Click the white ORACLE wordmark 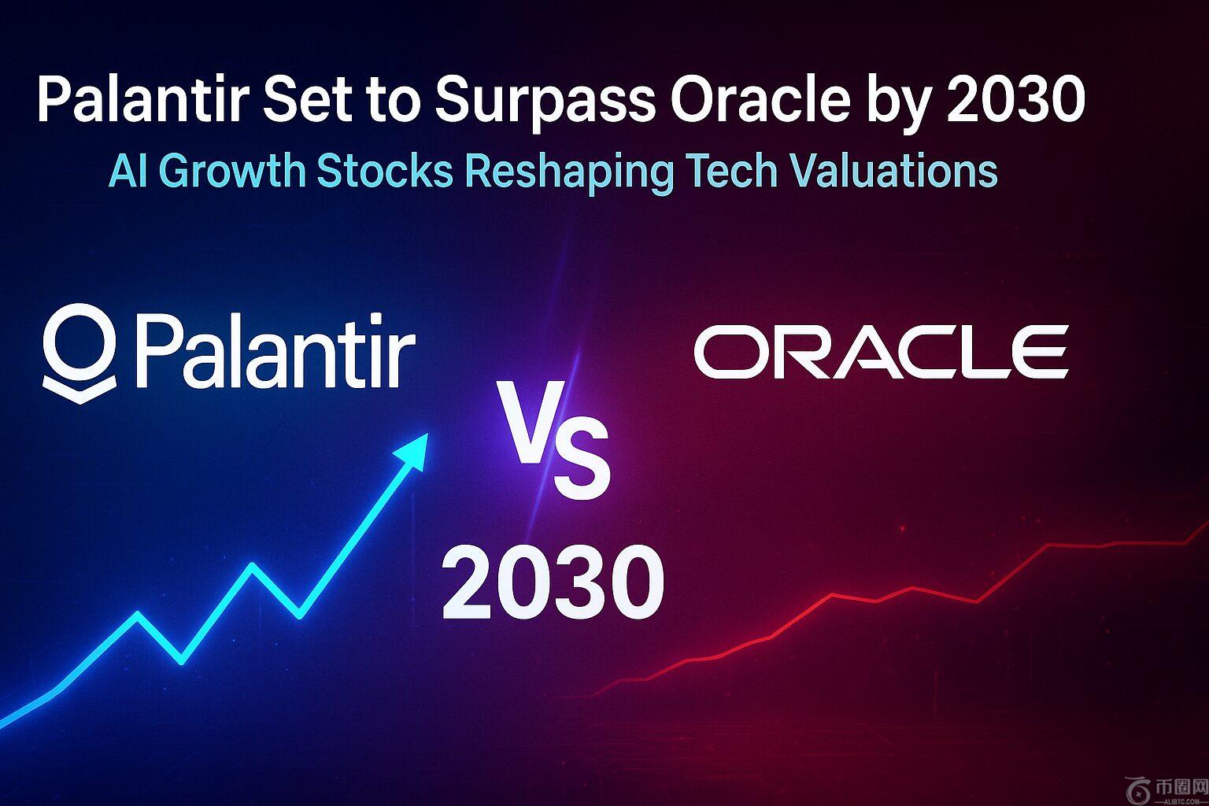(881, 352)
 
